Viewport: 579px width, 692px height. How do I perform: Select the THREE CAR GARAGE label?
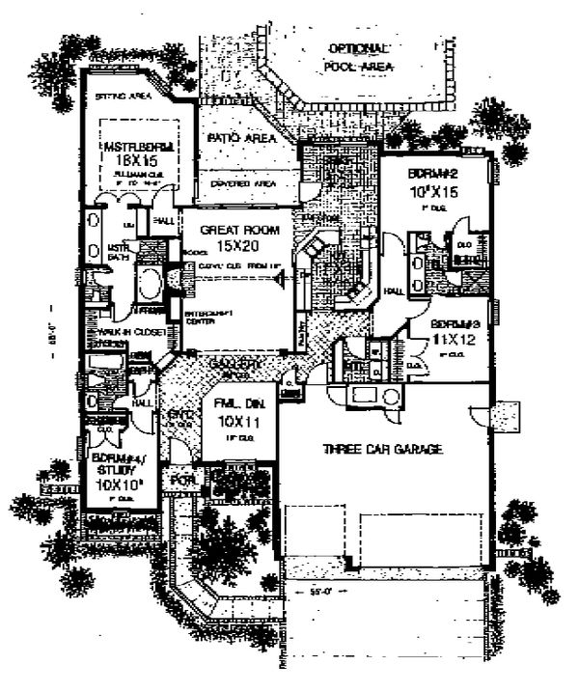[x=382, y=449]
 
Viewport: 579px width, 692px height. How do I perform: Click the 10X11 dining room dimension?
[x=234, y=424]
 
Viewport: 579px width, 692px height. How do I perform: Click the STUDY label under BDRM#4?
[x=115, y=472]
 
